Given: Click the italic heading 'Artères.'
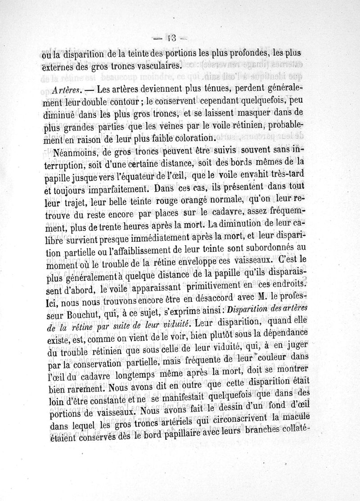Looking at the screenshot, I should point(66,89).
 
